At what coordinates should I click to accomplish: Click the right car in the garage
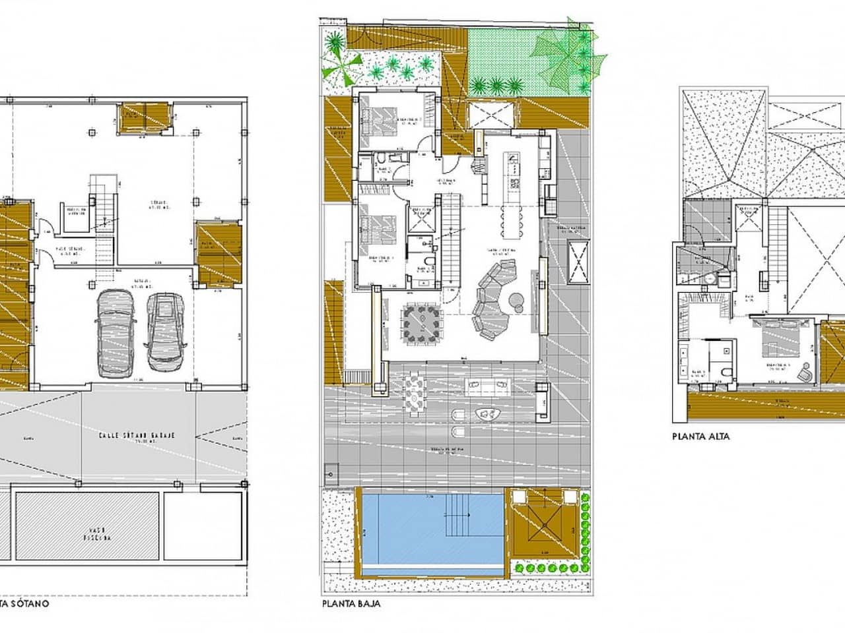(x=162, y=331)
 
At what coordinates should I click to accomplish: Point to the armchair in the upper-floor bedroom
(x=807, y=373)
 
